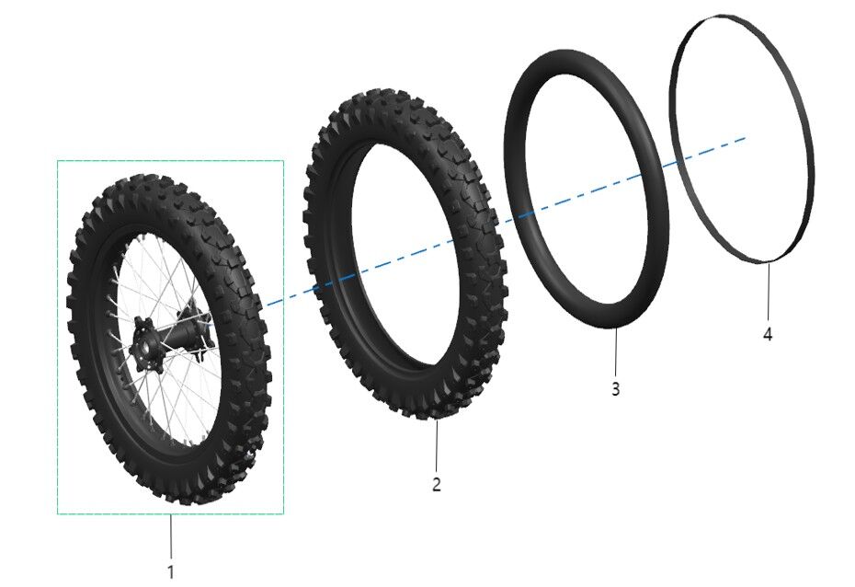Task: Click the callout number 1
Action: pos(169,570)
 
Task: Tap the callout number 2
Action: pos(437,484)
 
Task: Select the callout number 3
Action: pos(616,388)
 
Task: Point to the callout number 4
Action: pos(768,334)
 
